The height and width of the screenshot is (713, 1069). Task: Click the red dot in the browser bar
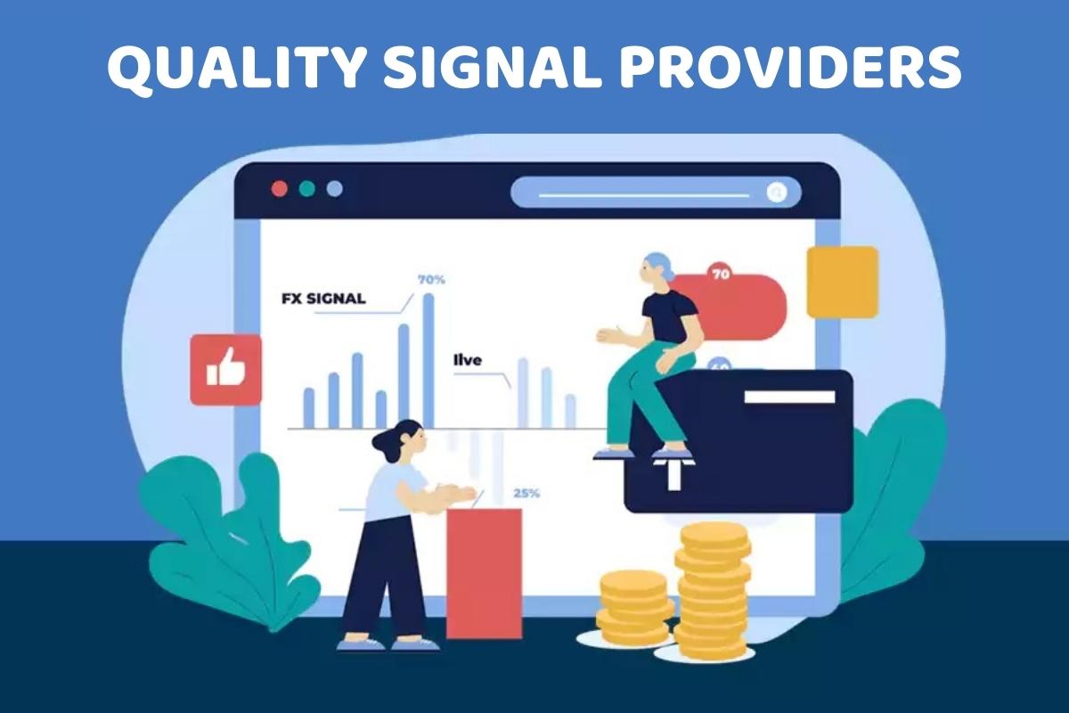279,189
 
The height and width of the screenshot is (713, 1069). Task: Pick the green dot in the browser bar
306,189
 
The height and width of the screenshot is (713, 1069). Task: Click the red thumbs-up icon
225,369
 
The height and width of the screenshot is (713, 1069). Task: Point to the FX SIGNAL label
323,299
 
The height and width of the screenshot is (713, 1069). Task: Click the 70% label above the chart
431,280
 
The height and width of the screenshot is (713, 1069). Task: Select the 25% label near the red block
526,493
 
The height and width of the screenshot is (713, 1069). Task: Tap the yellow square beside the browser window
842,282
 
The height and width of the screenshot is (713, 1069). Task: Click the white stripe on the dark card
789,397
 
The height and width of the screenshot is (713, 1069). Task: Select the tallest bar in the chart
428,360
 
